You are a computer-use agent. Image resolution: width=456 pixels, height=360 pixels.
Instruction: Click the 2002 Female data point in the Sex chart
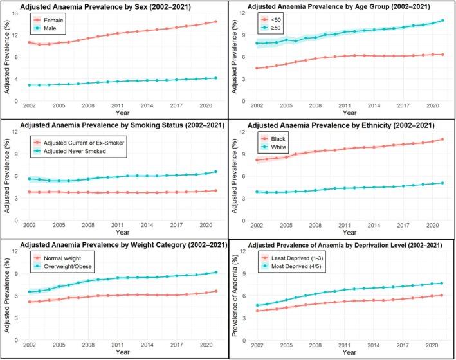coord(30,42)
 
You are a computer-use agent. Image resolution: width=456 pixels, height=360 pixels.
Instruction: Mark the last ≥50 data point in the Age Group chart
coord(442,21)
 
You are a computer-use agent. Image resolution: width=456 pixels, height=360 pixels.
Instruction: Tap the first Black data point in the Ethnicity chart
coord(257,159)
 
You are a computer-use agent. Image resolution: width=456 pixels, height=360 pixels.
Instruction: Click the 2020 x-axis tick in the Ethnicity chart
coord(431,226)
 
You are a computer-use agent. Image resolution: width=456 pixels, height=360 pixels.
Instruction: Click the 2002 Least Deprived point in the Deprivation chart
coord(257,311)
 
